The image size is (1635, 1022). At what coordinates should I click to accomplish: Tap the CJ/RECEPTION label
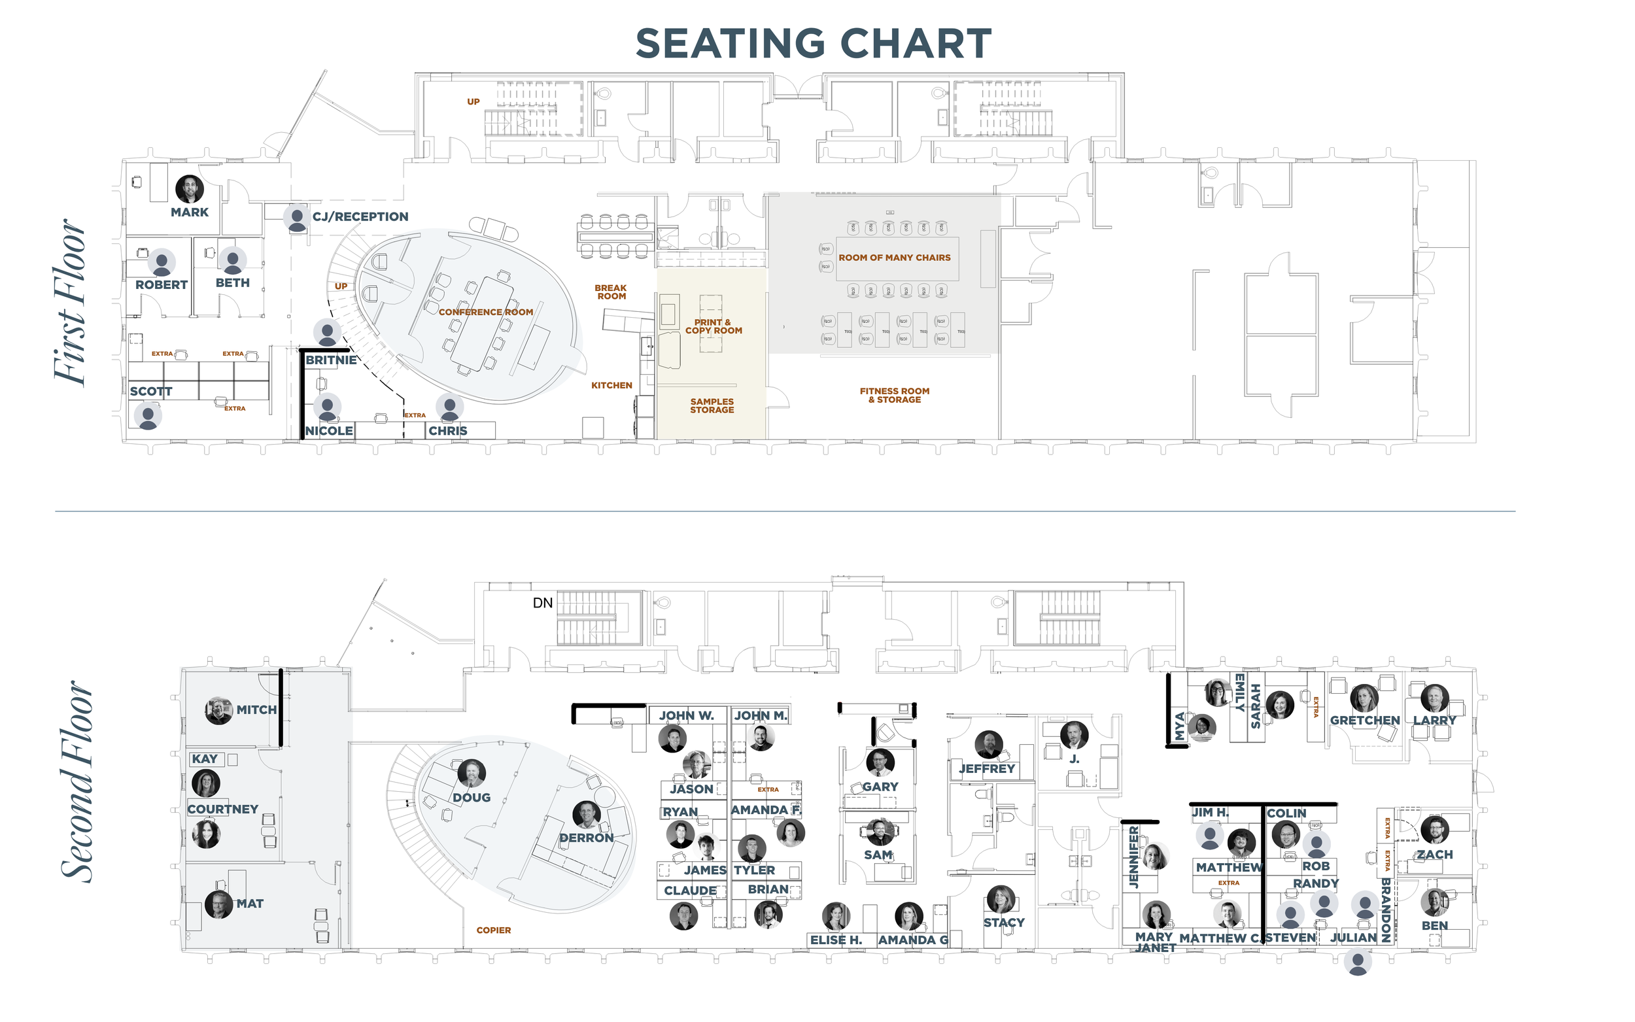(x=360, y=217)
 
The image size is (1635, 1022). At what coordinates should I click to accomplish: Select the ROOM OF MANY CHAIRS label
(x=894, y=258)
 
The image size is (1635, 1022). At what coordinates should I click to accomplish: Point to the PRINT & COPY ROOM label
(x=713, y=326)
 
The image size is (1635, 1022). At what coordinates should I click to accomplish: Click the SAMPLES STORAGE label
(x=712, y=405)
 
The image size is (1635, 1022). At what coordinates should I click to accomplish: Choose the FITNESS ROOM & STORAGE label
(x=894, y=396)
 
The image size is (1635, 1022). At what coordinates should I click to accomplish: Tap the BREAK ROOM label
(x=611, y=292)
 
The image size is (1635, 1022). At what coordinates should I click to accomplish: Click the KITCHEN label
(x=611, y=385)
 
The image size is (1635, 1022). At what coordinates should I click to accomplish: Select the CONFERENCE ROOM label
(x=485, y=313)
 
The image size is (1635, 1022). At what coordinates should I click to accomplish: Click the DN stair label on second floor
(x=543, y=603)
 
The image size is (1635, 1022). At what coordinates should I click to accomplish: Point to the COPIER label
(x=493, y=930)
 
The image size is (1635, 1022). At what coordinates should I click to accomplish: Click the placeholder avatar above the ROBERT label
(x=162, y=262)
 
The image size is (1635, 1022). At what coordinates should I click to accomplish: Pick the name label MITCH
(x=256, y=709)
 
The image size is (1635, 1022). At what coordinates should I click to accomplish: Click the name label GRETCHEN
(x=1365, y=721)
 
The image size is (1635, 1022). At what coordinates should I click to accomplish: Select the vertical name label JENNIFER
(x=1133, y=857)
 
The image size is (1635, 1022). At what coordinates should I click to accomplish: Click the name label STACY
(x=1004, y=923)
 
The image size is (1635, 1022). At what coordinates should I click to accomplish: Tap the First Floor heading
(x=69, y=302)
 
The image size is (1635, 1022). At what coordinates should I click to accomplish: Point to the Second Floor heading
(x=76, y=781)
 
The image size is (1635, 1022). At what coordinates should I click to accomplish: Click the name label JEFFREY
(x=987, y=768)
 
